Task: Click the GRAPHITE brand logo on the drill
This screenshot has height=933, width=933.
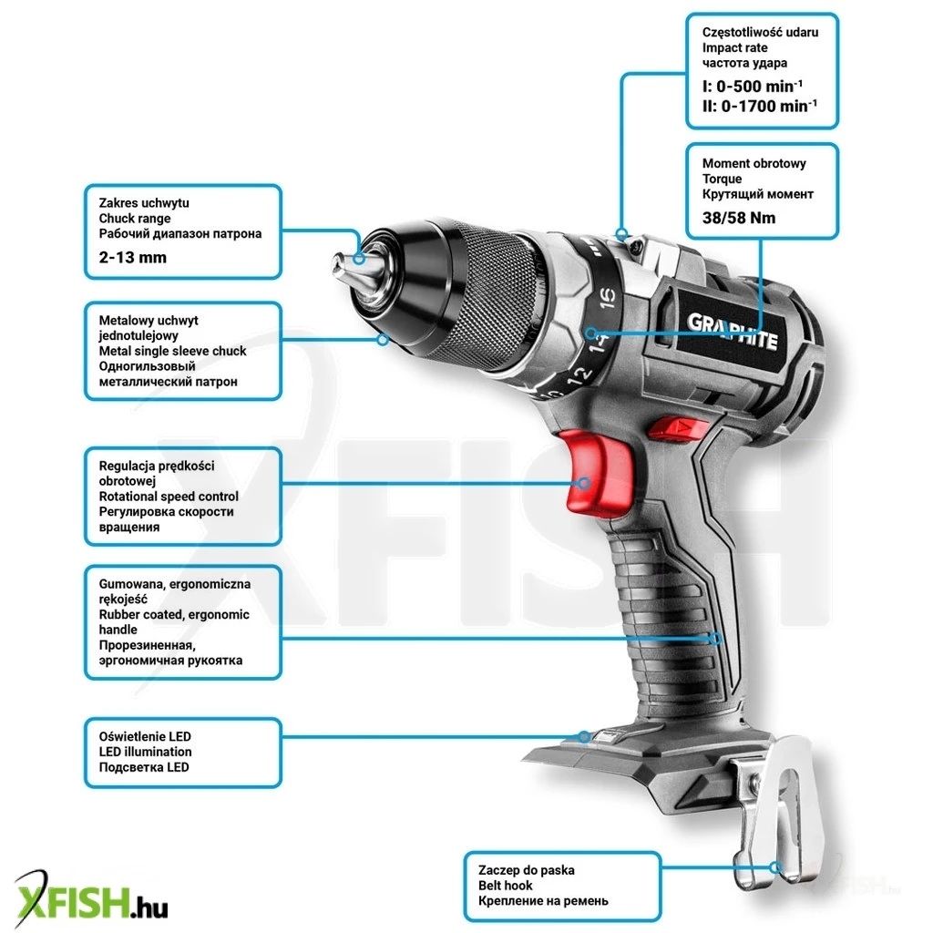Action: tap(732, 331)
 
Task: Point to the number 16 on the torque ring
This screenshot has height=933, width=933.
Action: tap(607, 298)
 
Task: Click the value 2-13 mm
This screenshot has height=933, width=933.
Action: tap(133, 258)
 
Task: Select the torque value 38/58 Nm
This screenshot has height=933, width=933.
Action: tap(739, 218)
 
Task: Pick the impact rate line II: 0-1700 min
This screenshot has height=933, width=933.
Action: tap(759, 107)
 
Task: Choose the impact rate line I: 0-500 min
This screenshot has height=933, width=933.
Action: tap(752, 87)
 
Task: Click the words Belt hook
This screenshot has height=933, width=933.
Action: tap(505, 886)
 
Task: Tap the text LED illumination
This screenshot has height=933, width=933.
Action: tap(145, 752)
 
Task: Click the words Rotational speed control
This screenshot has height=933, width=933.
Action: tap(169, 497)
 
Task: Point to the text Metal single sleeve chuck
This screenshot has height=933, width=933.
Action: tap(172, 351)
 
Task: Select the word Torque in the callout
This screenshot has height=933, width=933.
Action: tap(722, 179)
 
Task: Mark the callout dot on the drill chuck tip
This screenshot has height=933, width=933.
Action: tap(359, 258)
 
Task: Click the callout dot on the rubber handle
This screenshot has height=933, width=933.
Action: tap(716, 639)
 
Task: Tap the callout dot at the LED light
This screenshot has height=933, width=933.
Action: tap(584, 736)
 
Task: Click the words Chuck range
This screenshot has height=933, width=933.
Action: tap(135, 219)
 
